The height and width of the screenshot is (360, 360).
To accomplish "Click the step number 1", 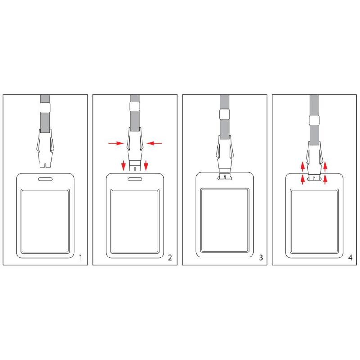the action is (81, 257).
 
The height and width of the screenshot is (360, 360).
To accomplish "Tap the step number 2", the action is (170, 257).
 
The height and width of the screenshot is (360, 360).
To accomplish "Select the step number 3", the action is (261, 257).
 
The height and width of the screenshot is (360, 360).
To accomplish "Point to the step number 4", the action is (351, 257).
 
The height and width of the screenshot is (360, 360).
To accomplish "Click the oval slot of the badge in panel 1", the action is (45, 179).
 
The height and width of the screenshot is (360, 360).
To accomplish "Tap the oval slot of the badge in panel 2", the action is (135, 179).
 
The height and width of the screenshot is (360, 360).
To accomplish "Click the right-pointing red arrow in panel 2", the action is (116, 144).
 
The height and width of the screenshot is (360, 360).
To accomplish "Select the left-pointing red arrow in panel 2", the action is (154, 144).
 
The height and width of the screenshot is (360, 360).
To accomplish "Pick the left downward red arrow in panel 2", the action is (123, 165).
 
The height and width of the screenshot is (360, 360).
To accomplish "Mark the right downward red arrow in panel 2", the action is (146, 165).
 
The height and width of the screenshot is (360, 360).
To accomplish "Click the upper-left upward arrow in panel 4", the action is (303, 167).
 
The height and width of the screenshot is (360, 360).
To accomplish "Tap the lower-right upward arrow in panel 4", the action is (325, 180).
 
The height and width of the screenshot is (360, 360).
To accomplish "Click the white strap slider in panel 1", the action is (45, 108).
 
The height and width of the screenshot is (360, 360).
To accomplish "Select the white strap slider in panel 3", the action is (225, 114).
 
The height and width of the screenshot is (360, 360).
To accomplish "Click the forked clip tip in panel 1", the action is (45, 165).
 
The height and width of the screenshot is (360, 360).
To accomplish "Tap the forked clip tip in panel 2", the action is (135, 168).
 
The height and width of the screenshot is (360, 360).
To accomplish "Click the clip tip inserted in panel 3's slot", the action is (225, 177).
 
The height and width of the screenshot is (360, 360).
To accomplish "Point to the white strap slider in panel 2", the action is (135, 107).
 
